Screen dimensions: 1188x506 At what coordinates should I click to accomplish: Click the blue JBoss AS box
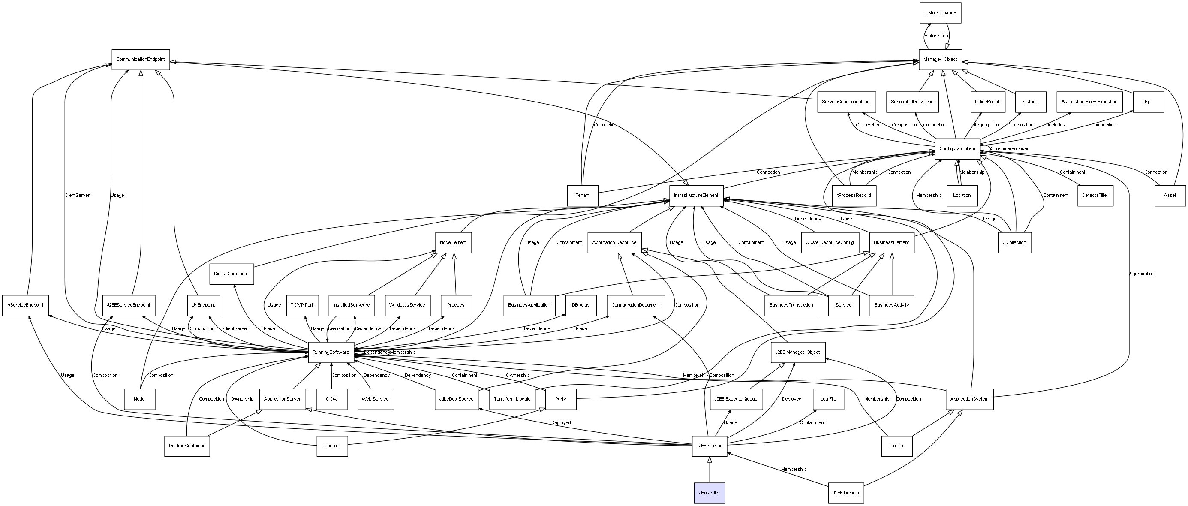click(x=709, y=493)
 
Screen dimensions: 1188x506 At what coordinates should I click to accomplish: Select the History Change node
click(x=940, y=12)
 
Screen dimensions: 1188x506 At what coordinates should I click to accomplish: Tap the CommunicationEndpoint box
click(x=141, y=60)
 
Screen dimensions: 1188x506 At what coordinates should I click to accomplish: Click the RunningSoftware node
click(x=331, y=352)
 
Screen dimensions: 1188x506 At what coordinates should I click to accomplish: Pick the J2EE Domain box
click(x=846, y=493)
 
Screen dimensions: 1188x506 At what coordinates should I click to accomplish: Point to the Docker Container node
click(x=187, y=446)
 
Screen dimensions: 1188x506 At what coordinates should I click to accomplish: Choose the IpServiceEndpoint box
click(x=25, y=305)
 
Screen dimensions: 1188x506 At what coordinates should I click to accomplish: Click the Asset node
click(x=1170, y=196)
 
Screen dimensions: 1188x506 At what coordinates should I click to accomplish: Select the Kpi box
click(x=1148, y=102)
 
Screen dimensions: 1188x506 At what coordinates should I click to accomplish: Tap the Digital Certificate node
click(x=232, y=274)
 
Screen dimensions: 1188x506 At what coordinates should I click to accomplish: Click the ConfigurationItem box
click(x=957, y=148)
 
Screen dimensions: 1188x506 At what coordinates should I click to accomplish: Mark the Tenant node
click(x=583, y=196)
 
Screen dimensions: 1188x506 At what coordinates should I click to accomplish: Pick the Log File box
click(x=828, y=399)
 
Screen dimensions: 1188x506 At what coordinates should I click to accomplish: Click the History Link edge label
click(x=936, y=36)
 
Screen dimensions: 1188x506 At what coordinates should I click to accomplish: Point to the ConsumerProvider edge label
click(x=1009, y=148)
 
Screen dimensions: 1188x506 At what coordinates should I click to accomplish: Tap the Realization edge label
click(x=339, y=329)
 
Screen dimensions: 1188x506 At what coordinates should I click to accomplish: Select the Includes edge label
click(x=1056, y=125)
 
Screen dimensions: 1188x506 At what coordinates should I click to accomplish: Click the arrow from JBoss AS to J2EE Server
click(x=709, y=470)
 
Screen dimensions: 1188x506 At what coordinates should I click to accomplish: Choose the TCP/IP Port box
click(x=302, y=305)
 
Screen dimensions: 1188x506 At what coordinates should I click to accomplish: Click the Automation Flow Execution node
click(x=1089, y=102)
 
